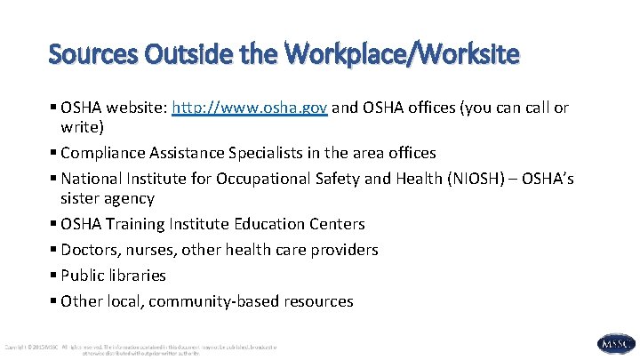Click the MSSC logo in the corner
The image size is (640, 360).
616,344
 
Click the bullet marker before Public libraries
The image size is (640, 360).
54,276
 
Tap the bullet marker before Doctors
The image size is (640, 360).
54,250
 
